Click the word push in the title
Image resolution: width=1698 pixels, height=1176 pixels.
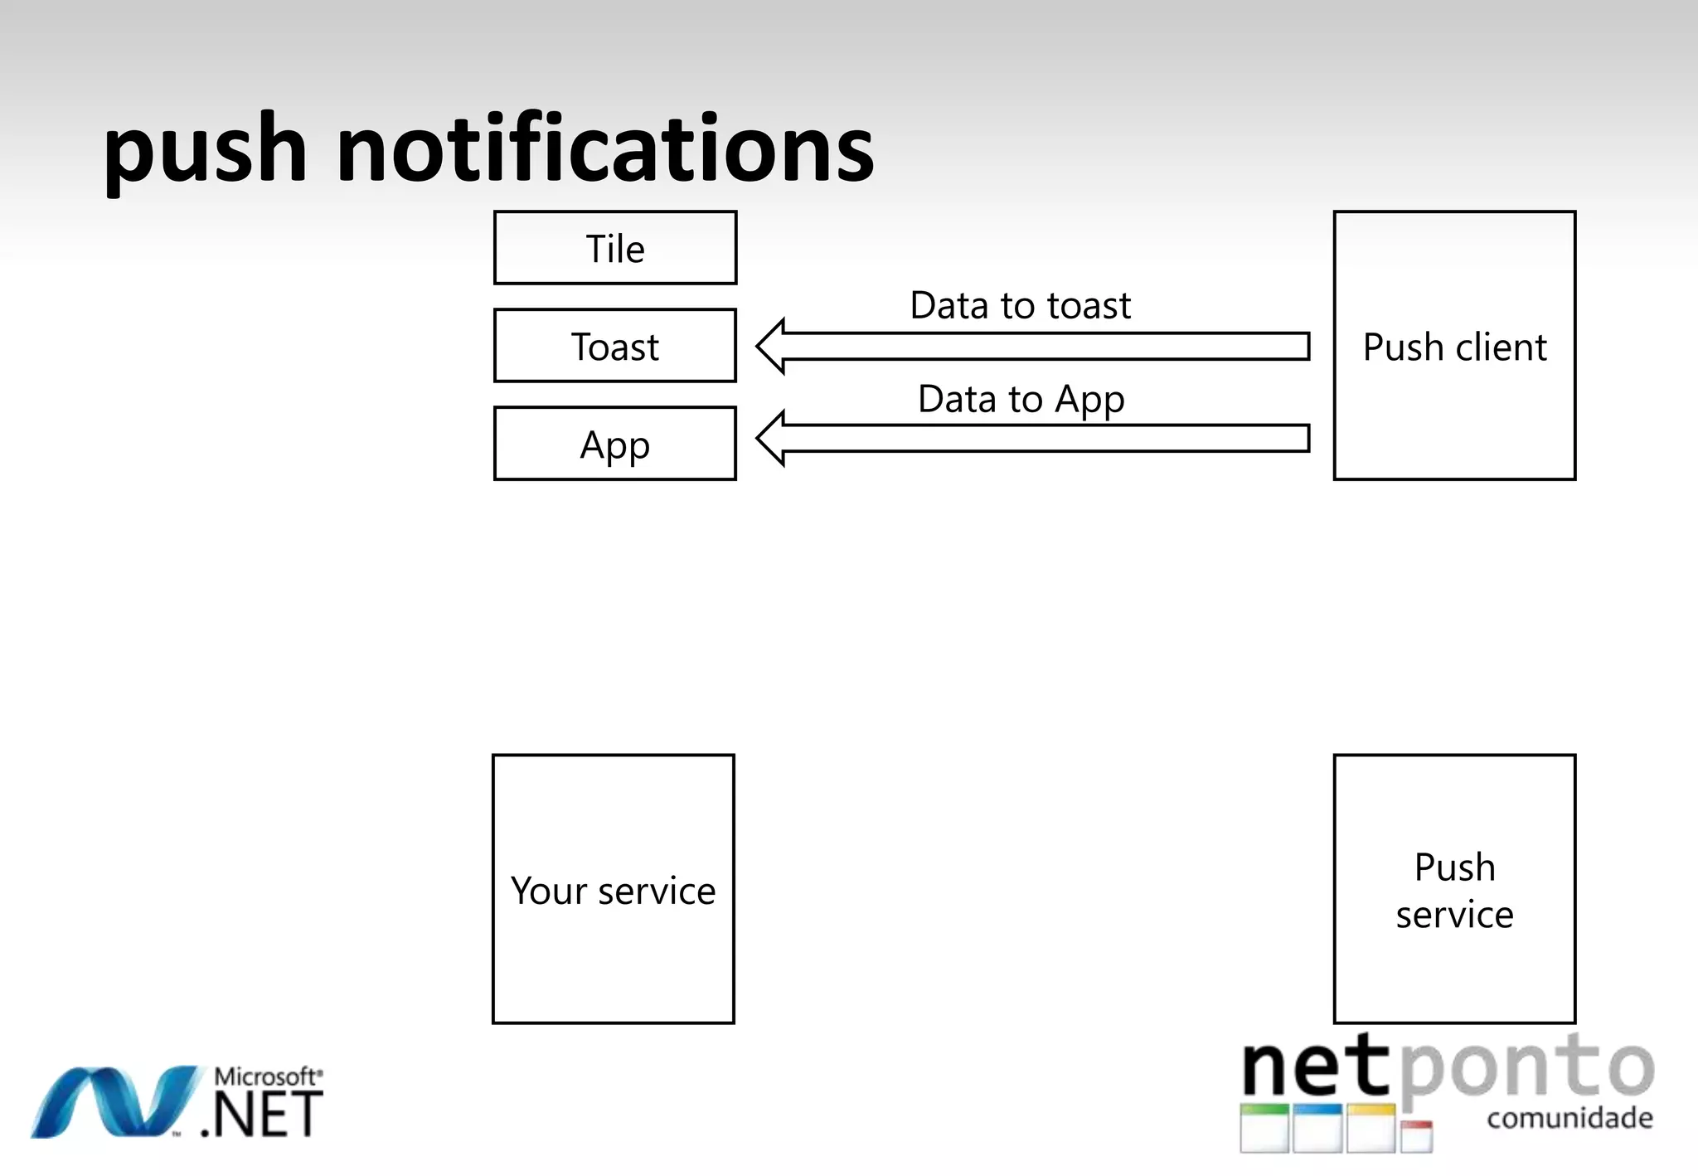[x=205, y=151]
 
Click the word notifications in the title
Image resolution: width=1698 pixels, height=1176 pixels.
[x=605, y=149]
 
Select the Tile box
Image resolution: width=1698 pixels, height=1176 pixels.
[x=614, y=248]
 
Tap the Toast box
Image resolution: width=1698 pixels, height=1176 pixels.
[x=614, y=346]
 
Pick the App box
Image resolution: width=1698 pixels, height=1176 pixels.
[x=614, y=444]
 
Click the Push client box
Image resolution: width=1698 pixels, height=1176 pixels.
[x=1454, y=346]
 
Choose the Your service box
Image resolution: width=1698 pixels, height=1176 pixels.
[x=613, y=889]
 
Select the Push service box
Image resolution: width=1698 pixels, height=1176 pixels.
[x=1454, y=889]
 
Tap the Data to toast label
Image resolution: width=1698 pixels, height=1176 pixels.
[x=1020, y=305]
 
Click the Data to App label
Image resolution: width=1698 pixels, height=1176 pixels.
[x=1021, y=399]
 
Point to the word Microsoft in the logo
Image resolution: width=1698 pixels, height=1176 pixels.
[x=266, y=1076]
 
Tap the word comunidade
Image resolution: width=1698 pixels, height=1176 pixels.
[x=1569, y=1118]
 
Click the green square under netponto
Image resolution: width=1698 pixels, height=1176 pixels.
[x=1264, y=1128]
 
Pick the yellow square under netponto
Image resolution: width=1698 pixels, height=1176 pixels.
[x=1371, y=1128]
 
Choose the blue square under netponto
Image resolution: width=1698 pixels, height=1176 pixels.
[x=1317, y=1128]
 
